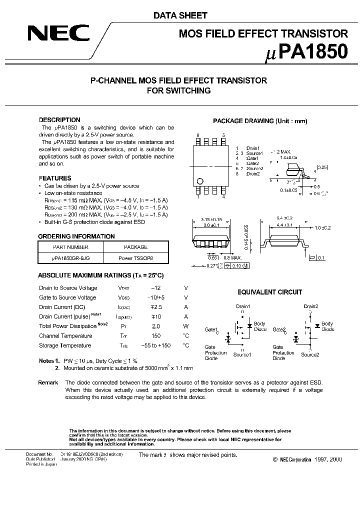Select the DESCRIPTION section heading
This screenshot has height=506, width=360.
pyautogui.click(x=59, y=120)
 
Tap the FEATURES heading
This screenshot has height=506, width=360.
pyautogui.click(x=55, y=178)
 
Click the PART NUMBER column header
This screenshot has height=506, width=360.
pyautogui.click(x=70, y=247)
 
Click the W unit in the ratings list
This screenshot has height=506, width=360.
pyautogui.click(x=185, y=326)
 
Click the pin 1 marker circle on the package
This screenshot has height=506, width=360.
pyautogui.click(x=200, y=181)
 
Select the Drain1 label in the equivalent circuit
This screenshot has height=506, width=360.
pyautogui.click(x=243, y=306)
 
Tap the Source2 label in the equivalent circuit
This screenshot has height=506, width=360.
pyautogui.click(x=310, y=354)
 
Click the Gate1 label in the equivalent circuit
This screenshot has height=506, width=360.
pyautogui.click(x=211, y=330)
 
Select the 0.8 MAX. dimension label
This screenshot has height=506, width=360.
pyautogui.click(x=229, y=257)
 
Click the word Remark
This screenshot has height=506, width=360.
pyautogui.click(x=48, y=382)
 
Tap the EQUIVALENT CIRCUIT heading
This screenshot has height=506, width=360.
pyautogui.click(x=269, y=292)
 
